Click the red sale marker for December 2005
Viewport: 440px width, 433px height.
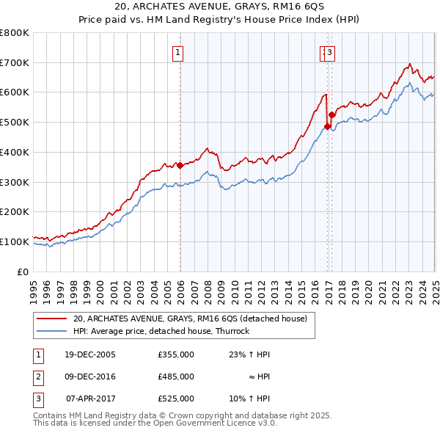[180, 166]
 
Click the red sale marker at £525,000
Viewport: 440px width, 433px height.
[331, 114]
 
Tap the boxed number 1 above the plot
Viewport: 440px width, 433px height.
[179, 52]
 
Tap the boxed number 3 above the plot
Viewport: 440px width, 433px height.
[330, 52]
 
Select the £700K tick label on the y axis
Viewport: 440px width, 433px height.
[15, 62]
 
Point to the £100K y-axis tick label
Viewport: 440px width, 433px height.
[15, 241]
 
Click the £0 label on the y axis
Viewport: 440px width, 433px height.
[23, 272]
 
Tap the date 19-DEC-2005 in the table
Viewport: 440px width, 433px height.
[90, 354]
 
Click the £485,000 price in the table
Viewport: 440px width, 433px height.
[175, 376]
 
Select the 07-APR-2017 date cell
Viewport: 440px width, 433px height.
[91, 399]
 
